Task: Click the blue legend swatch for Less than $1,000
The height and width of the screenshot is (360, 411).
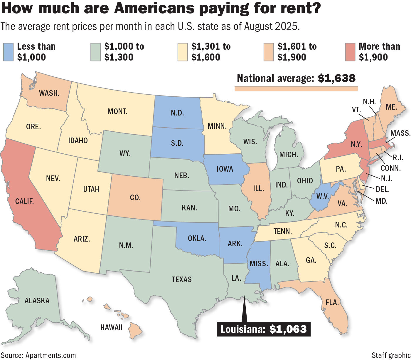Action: tap(8, 52)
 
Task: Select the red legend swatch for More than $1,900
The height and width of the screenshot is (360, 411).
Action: tap(350, 52)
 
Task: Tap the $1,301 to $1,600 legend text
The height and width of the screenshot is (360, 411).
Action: tap(211, 52)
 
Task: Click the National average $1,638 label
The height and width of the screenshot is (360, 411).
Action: tap(296, 78)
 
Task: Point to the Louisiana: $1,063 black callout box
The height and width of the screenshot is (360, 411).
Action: tap(263, 329)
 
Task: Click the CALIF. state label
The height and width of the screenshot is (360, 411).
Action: tap(24, 202)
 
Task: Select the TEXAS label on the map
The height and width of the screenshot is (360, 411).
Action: tap(182, 279)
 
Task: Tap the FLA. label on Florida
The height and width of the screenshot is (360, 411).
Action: tap(332, 302)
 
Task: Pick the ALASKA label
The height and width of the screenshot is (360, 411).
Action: tap(37, 300)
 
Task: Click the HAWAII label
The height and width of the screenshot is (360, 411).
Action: tap(111, 327)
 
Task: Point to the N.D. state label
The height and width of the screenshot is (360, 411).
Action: tap(177, 113)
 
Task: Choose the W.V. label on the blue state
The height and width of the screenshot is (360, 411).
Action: tap(323, 196)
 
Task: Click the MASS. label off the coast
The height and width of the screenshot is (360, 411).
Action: tap(400, 133)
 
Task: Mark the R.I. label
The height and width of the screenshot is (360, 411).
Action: tap(398, 158)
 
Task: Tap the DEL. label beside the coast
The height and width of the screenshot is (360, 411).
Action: tap(383, 190)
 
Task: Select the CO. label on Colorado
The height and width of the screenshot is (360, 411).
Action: tap(135, 197)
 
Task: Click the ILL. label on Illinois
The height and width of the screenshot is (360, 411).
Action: tap(258, 188)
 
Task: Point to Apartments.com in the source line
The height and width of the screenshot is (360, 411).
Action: tap(50, 355)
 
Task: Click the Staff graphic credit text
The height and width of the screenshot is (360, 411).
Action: tap(391, 355)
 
